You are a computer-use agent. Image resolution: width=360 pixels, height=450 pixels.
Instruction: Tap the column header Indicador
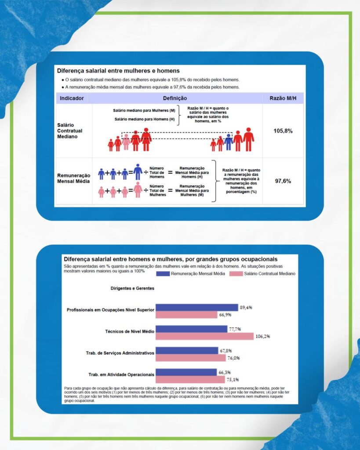tap(72, 98)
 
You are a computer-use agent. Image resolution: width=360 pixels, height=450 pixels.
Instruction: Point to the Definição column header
tap(175, 98)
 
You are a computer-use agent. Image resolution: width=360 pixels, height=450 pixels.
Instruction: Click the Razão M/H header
tap(283, 98)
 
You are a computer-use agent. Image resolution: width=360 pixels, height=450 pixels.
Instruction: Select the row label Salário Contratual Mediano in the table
tap(70, 131)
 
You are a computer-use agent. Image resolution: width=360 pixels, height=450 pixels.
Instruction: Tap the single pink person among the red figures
tap(126, 142)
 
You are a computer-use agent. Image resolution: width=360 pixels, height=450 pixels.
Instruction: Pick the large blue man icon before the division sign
tap(138, 172)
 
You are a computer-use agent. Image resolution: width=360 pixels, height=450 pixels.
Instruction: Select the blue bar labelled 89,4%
tap(197, 308)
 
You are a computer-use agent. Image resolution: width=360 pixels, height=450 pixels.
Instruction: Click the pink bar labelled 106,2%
tap(204, 336)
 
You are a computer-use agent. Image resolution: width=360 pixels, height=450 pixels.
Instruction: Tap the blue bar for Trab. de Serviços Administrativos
tap(187, 351)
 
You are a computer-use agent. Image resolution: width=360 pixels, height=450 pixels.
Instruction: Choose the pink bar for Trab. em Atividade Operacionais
tap(190, 379)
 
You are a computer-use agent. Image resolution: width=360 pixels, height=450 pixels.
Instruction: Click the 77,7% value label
tap(234, 329)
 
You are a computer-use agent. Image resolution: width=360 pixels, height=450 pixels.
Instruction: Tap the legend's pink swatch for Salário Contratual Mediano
tap(236, 273)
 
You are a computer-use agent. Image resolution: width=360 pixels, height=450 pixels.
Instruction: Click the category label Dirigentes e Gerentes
tap(132, 288)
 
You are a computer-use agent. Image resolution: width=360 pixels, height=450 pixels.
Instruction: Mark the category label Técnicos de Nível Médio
tap(130, 331)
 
